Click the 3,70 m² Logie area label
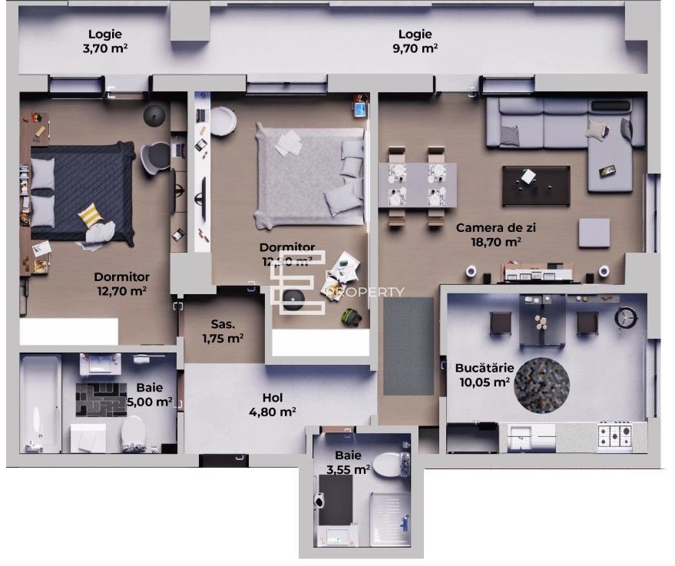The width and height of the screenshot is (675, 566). tap(106, 41)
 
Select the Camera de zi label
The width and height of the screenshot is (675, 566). tap(489, 234)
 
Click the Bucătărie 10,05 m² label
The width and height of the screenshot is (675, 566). tap(483, 374)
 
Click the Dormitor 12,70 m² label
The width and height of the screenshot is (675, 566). tap(121, 283)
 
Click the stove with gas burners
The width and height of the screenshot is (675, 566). tap(614, 437)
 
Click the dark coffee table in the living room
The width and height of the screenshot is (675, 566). tap(534, 181)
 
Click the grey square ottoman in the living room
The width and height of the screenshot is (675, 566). tap(594, 233)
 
